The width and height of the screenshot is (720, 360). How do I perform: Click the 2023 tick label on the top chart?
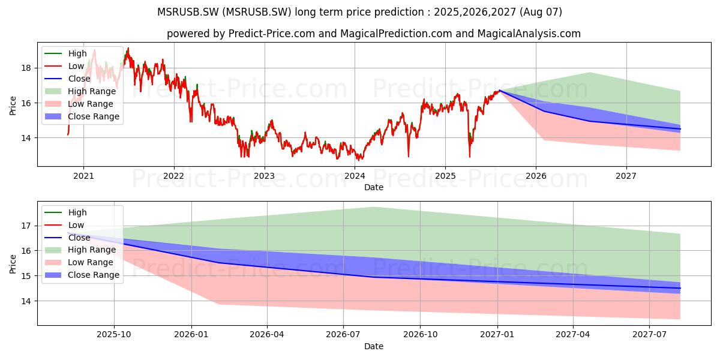(264, 176)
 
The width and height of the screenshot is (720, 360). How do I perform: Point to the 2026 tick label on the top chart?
(536, 176)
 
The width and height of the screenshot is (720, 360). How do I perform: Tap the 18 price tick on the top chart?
(26, 68)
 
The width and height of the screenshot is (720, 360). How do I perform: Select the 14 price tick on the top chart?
(26, 138)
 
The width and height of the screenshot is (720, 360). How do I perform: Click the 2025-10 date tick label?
(114, 335)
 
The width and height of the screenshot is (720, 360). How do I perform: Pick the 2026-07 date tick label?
(343, 335)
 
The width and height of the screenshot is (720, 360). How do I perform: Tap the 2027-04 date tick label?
(573, 335)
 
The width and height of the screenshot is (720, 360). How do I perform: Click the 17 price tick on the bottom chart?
(26, 226)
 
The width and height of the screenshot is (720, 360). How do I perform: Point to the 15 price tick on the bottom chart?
(26, 276)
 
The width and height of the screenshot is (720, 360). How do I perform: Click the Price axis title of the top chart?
(13, 106)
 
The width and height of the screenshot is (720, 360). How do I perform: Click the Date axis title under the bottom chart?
(373, 347)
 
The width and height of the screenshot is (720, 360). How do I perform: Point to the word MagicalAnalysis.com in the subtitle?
(529, 34)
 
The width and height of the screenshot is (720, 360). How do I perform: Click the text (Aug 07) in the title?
(541, 12)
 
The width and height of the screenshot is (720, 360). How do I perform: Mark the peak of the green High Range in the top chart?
(590, 73)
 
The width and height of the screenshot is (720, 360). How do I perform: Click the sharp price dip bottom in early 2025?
(470, 157)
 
